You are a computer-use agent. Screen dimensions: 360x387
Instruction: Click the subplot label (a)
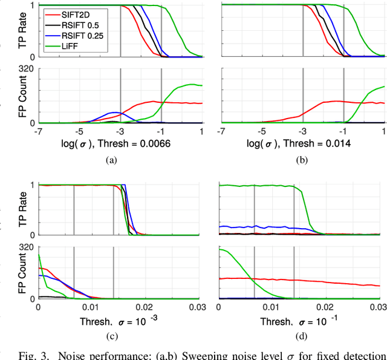[110, 160]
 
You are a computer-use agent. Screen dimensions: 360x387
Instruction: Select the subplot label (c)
[110, 336]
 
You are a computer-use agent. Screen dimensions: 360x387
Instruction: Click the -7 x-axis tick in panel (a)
[38, 131]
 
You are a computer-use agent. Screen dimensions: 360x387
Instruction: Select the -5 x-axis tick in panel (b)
[261, 131]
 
